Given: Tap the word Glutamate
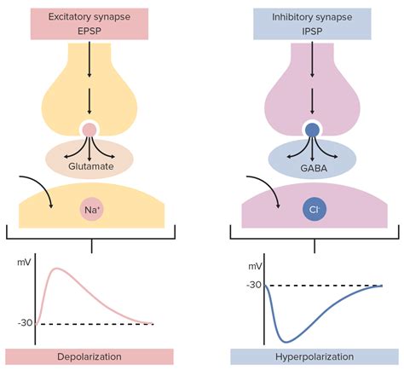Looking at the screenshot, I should point(89,168).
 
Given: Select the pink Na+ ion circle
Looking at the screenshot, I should point(89,209).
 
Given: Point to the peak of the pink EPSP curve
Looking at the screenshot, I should point(57,270).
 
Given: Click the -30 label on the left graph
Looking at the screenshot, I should point(23,323).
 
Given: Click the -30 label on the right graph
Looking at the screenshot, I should point(254,284).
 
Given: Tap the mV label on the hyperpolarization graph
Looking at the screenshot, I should point(254,266).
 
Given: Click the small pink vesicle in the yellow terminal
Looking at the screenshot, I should point(89,130).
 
